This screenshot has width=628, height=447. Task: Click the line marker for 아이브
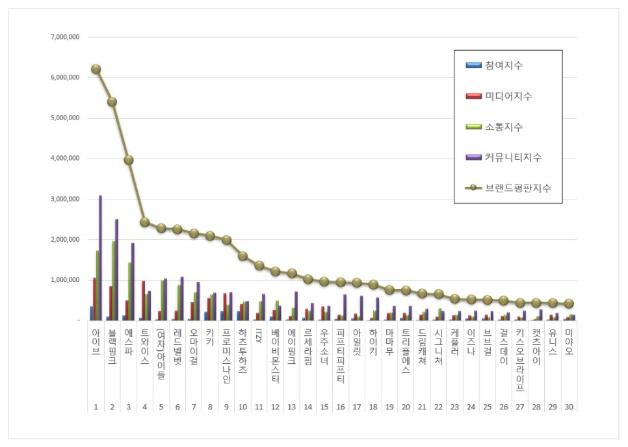click(96, 69)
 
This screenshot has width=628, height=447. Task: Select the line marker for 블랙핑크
click(112, 101)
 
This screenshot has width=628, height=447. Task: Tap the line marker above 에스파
click(129, 159)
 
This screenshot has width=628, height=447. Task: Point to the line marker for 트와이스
click(145, 222)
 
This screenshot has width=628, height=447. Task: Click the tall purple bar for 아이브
click(100, 258)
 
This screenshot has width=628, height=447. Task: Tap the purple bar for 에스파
click(133, 281)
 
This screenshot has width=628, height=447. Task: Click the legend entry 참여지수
click(503, 66)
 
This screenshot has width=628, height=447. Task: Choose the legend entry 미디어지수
click(508, 96)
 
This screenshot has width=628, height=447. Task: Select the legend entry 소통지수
click(503, 127)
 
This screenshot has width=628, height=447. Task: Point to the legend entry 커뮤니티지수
click(512, 157)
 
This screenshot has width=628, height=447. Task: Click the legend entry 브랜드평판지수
click(517, 188)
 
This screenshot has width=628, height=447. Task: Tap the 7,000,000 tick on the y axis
click(65, 37)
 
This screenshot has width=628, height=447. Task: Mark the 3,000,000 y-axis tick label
click(65, 199)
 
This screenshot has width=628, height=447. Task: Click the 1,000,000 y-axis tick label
click(65, 280)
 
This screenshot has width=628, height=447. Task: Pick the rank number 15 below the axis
click(324, 407)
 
